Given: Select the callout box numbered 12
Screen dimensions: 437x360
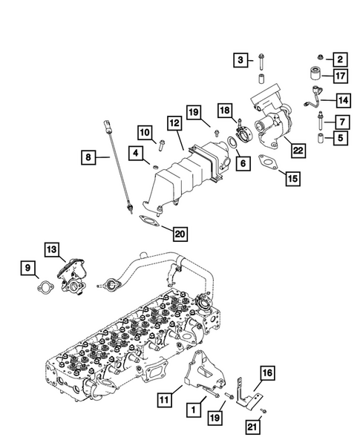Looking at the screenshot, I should click(x=174, y=124).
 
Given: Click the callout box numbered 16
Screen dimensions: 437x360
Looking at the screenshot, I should click(x=267, y=373).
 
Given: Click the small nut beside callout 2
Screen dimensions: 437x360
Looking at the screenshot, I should click(x=318, y=57).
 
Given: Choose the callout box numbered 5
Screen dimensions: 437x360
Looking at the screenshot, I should click(x=339, y=137).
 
